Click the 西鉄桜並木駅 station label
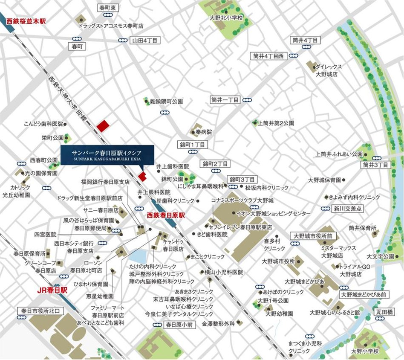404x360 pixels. pos(26,20)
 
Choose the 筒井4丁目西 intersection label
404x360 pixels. pos(268,55)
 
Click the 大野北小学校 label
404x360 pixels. pos(226,18)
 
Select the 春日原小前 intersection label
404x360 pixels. pos(179,325)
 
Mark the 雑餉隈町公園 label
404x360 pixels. pos(166,102)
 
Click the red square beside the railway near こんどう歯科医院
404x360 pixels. pos(103,126)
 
